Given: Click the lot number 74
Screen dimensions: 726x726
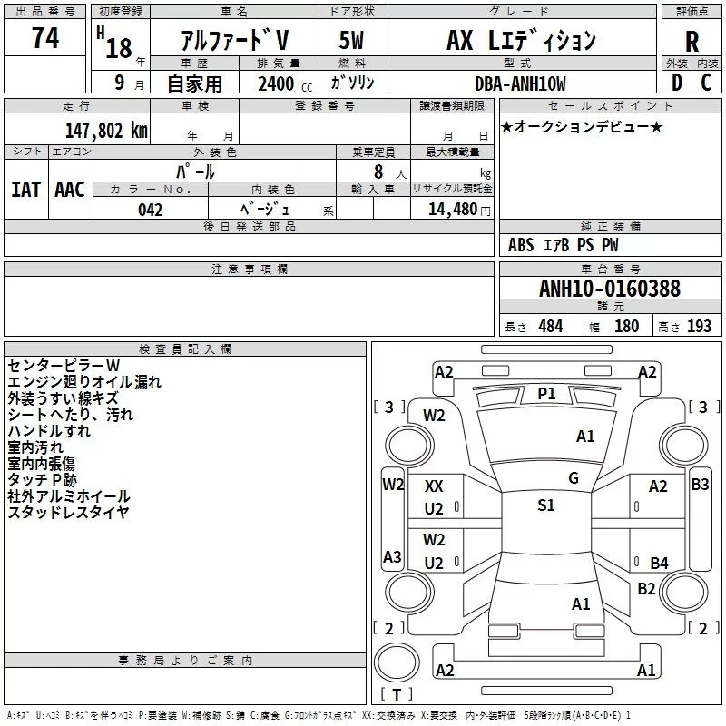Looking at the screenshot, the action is (45, 38).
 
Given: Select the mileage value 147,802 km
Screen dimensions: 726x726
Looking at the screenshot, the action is (106, 131).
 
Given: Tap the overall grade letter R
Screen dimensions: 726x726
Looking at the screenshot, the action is (692, 42).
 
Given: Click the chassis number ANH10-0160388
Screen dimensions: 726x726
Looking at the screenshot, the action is (610, 289).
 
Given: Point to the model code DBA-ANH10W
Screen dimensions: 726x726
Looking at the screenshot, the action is (520, 83).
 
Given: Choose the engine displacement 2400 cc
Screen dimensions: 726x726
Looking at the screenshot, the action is (285, 84).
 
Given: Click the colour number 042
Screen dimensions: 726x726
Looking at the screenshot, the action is (151, 210).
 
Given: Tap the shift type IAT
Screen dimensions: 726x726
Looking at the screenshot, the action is (26, 190).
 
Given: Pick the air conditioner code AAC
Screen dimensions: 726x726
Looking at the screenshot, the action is (70, 190).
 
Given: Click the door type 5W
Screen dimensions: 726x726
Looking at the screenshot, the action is (352, 40).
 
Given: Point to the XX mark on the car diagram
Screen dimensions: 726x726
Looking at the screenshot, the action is (434, 486).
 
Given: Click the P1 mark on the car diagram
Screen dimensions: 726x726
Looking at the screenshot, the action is (547, 394).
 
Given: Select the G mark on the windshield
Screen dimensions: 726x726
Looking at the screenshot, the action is (574, 478).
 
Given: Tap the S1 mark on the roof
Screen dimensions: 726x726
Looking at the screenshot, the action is (546, 505).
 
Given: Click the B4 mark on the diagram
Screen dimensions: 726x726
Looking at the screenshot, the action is (660, 563).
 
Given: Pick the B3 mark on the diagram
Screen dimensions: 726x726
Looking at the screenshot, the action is (700, 485).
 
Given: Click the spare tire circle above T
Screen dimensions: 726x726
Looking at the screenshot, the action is (397, 662).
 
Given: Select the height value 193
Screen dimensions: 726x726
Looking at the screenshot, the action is (699, 327).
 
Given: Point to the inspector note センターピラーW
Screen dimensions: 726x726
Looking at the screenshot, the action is (64, 366).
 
